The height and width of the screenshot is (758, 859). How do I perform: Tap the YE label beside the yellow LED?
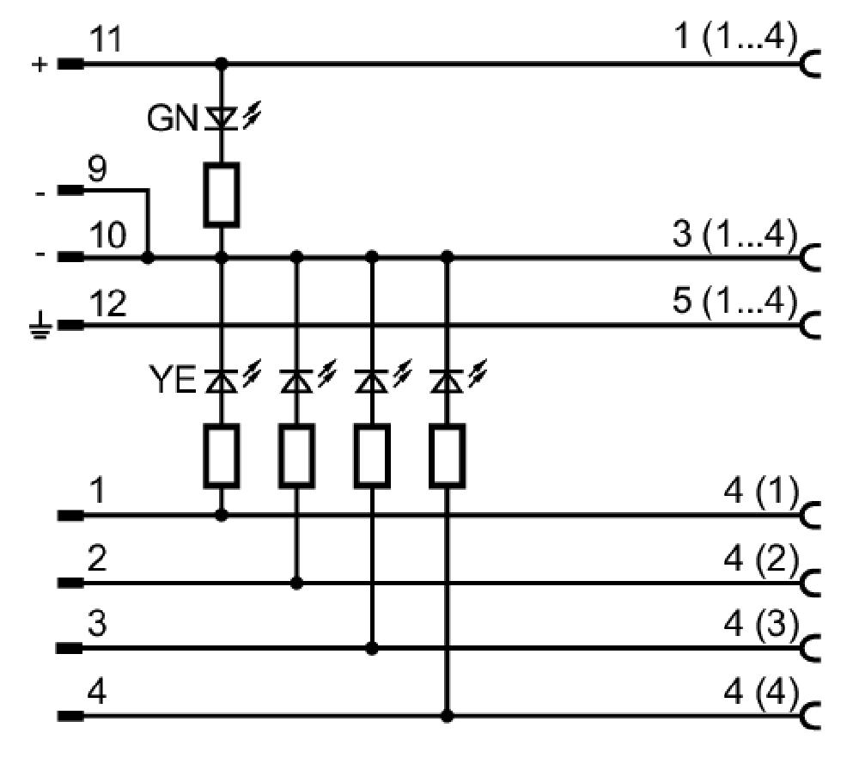coord(173,379)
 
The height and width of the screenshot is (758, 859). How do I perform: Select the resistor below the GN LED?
coord(222,194)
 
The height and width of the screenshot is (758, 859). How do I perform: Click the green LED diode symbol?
coord(222,119)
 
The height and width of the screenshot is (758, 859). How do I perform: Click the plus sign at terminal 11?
coord(40,64)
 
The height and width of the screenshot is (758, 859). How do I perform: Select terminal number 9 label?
coord(97,169)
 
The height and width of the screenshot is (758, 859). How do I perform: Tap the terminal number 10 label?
coord(108,235)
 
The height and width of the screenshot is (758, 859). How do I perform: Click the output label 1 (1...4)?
coord(735,37)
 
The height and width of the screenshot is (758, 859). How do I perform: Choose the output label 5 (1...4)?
coord(735,300)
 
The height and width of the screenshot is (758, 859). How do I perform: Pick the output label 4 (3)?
coord(761,625)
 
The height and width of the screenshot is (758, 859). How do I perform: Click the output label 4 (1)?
coord(761,491)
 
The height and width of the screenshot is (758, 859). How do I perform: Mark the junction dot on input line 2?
coord(296,583)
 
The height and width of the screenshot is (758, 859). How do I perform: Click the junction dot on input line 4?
coord(447,716)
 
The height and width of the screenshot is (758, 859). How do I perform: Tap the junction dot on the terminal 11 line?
coord(222,64)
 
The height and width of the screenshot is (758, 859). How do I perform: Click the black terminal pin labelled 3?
coord(70,648)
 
